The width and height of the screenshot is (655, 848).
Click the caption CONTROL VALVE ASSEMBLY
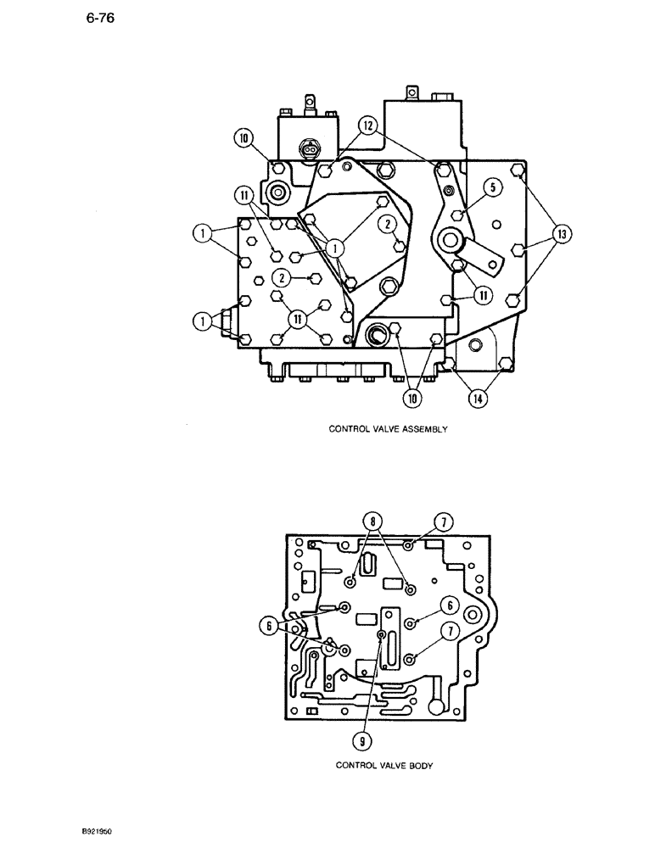click(x=388, y=429)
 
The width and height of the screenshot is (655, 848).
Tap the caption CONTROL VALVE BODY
click(x=384, y=765)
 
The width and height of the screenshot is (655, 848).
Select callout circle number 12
click(x=366, y=125)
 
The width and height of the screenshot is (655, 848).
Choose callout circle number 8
click(x=371, y=519)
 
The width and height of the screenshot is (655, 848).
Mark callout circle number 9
click(x=362, y=740)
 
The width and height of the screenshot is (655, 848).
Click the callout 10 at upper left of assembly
click(x=244, y=138)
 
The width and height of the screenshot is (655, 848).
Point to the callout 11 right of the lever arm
click(x=482, y=295)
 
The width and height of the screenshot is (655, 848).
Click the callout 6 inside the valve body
click(x=449, y=605)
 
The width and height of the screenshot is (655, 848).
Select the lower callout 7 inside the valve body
click(x=449, y=632)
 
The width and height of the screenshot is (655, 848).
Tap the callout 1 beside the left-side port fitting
click(x=203, y=320)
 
